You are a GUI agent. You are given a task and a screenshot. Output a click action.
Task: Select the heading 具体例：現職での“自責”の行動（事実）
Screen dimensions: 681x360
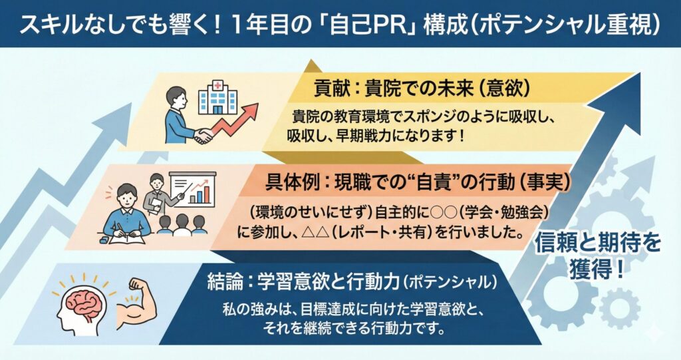click(418, 182)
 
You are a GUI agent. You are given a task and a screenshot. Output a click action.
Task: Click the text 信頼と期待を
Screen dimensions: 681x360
click(597, 243)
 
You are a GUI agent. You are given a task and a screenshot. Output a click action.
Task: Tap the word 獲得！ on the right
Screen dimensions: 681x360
click(597, 270)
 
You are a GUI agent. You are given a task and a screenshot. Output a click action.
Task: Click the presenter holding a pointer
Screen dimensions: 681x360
click(156, 196)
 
